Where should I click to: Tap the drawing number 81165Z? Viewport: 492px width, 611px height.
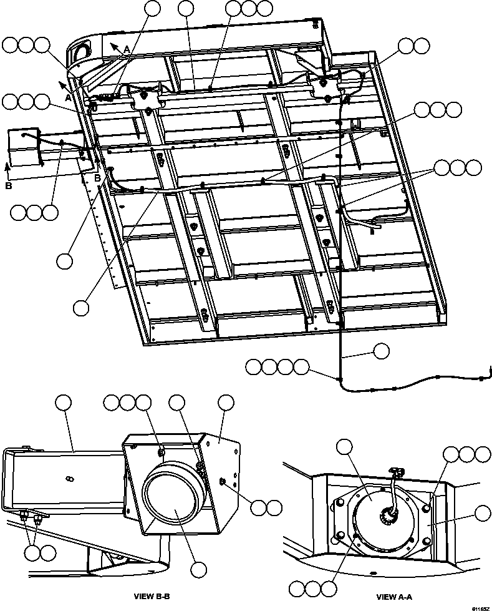pyautogui.click(x=480, y=607)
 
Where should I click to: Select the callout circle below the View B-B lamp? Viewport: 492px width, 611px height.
pyautogui.click(x=199, y=569)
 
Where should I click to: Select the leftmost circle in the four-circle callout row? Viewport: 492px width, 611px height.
pyautogui.click(x=253, y=367)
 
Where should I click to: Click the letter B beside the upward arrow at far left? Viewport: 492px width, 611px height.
pyautogui.click(x=7, y=185)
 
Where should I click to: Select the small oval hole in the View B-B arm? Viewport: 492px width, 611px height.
pyautogui.click(x=69, y=479)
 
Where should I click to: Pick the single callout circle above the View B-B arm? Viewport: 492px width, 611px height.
pyautogui.click(x=64, y=403)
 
